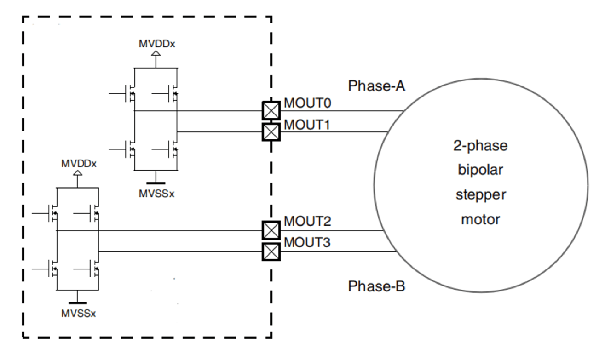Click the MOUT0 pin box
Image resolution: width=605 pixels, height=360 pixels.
[271, 111]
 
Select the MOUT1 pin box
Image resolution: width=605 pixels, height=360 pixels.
[271, 132]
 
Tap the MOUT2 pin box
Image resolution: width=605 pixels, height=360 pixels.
[271, 230]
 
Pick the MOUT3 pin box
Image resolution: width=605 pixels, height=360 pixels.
[271, 251]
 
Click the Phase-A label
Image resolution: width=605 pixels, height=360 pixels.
[377, 86]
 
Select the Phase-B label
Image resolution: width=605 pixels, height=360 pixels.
[377, 286]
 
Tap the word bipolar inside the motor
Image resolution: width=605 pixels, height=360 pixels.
[480, 171]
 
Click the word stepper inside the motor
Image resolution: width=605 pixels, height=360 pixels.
[480, 194]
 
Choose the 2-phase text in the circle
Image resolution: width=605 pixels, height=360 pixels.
[480, 147]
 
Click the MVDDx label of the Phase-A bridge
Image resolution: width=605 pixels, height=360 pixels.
[156, 45]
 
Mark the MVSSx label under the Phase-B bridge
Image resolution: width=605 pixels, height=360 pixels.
[78, 314]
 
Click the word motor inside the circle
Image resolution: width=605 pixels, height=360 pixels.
[480, 219]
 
